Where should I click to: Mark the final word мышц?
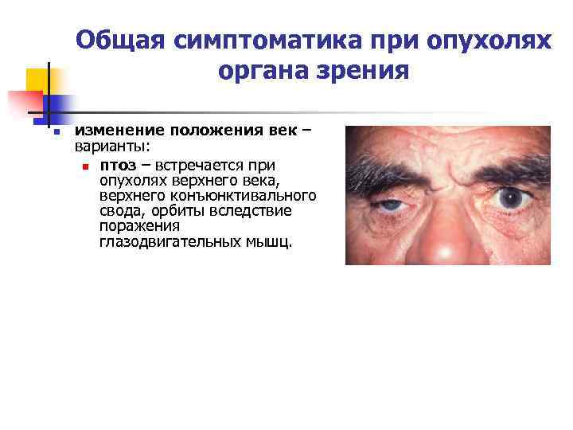coord(275,241)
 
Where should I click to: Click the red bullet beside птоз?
coord(84,166)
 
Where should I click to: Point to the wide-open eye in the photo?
coord(509,197)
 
